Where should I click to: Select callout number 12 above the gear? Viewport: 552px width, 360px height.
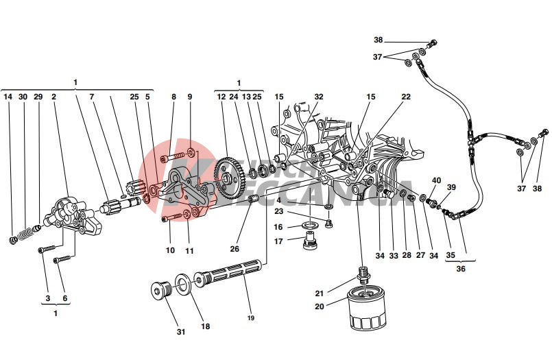click(x=221, y=97)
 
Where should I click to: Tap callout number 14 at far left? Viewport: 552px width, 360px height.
click(x=8, y=97)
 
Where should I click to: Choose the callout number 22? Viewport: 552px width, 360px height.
click(x=406, y=97)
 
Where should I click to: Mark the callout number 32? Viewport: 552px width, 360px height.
click(x=319, y=97)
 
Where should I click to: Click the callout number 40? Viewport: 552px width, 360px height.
click(x=436, y=180)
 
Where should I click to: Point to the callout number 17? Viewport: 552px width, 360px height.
click(x=279, y=241)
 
